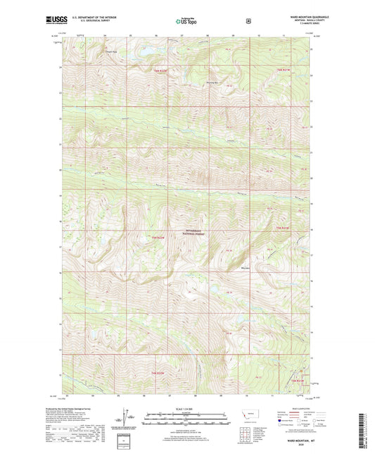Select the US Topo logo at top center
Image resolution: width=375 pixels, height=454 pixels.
[x=186, y=20]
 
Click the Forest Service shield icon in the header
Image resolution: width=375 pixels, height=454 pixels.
[x=248, y=20]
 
